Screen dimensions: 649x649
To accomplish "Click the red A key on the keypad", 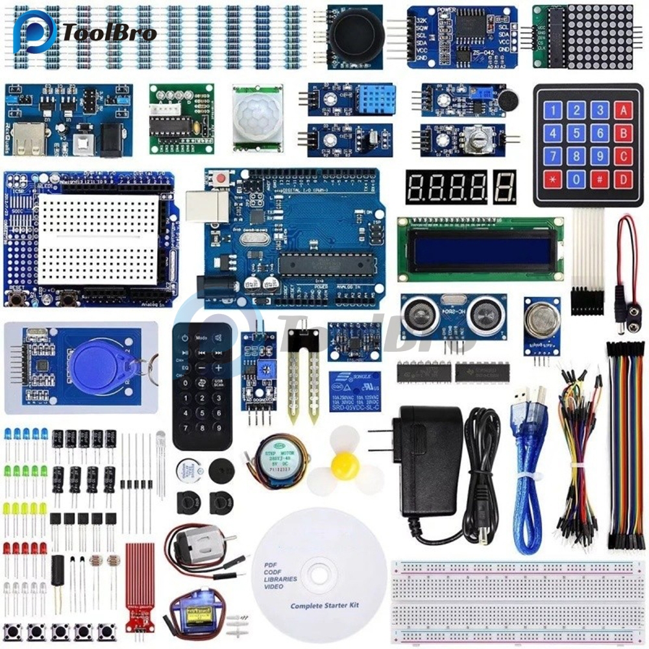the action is (x=624, y=110).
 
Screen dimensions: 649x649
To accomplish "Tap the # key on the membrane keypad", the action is (x=600, y=180).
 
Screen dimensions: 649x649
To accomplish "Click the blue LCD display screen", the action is (x=480, y=249).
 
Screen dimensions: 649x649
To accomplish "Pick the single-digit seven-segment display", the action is (x=504, y=186).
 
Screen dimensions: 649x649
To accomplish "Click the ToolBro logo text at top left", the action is (x=110, y=32).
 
